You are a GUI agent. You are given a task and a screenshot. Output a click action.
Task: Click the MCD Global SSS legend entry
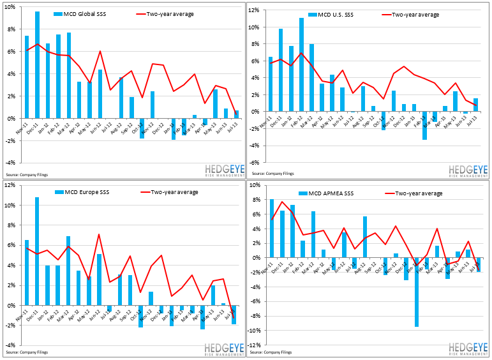(x=84, y=13)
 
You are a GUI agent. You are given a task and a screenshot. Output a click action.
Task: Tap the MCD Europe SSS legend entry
(x=84, y=192)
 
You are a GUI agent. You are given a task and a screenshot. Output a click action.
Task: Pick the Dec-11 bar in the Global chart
(x=38, y=64)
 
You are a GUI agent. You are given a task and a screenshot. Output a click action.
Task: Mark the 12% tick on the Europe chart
(x=11, y=185)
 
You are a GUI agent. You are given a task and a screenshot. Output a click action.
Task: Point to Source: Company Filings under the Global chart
(x=27, y=174)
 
